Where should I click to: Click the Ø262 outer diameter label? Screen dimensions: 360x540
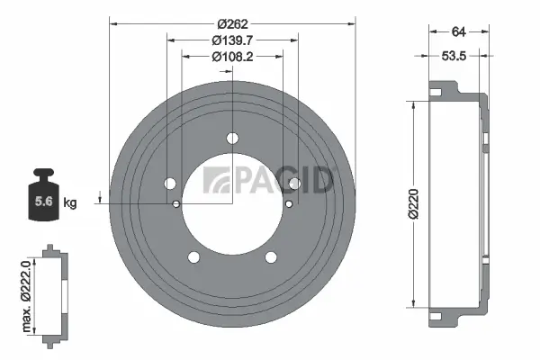pos(231,23)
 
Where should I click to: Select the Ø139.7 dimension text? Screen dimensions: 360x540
pos(231,40)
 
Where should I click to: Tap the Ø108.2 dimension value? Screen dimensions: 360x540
pos(231,58)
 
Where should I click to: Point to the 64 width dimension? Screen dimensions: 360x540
pos(458,32)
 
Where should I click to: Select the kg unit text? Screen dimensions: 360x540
pos(69,203)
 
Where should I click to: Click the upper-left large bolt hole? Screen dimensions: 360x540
pos(170,184)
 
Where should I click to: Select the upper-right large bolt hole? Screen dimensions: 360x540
pos(294,184)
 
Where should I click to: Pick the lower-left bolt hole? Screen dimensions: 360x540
pos(193,257)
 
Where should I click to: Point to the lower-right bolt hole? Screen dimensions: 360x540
pos(271,257)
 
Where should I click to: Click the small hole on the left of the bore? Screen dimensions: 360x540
pos(176,203)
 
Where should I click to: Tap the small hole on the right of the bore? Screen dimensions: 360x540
pos(288,203)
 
